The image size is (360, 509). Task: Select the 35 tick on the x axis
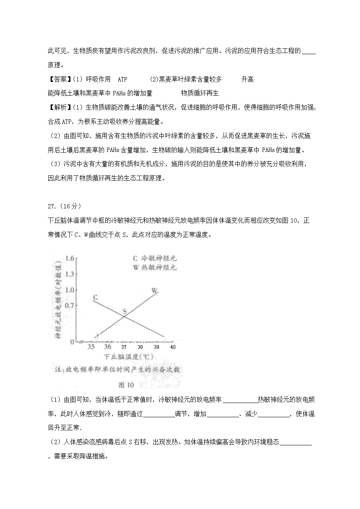tap(91, 347)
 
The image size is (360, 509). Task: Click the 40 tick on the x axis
tap(172, 347)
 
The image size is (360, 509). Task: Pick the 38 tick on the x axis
tap(140, 347)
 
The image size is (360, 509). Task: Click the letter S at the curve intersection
tap(124, 312)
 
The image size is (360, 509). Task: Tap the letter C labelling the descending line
tap(95, 297)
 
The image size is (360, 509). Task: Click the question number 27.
tap(52, 206)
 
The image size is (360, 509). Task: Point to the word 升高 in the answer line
tap(247, 79)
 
